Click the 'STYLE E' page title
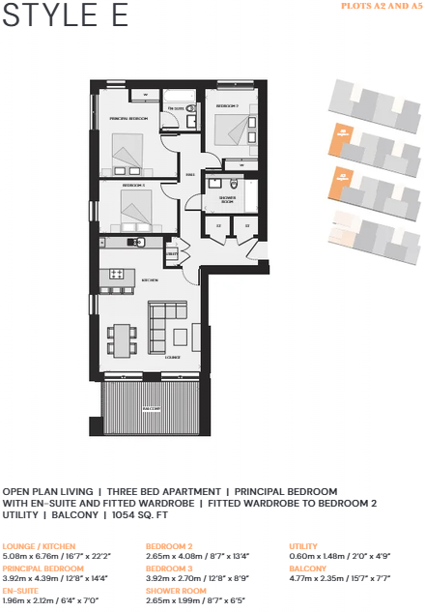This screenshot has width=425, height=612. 49,15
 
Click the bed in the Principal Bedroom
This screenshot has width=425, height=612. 127,150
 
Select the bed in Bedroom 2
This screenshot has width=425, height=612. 234,129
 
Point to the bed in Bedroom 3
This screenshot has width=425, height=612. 136,206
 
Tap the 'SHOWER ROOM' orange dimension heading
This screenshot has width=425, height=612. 176,591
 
